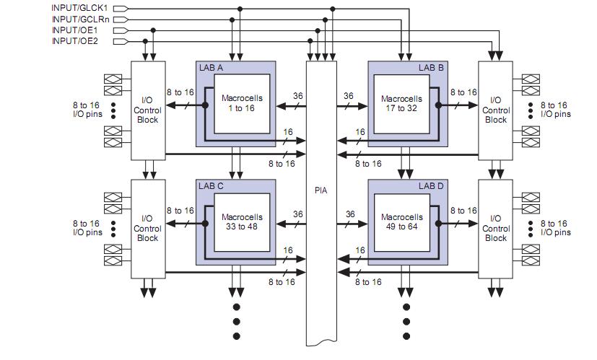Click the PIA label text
[x=321, y=192]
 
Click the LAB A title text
[x=211, y=68]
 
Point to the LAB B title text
[x=433, y=68]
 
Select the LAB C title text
[x=211, y=185]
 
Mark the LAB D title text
[x=433, y=185]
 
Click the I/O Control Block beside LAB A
[x=147, y=110]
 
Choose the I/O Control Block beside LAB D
[x=496, y=227]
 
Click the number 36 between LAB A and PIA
[x=297, y=95]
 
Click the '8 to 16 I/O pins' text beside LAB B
[x=554, y=110]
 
